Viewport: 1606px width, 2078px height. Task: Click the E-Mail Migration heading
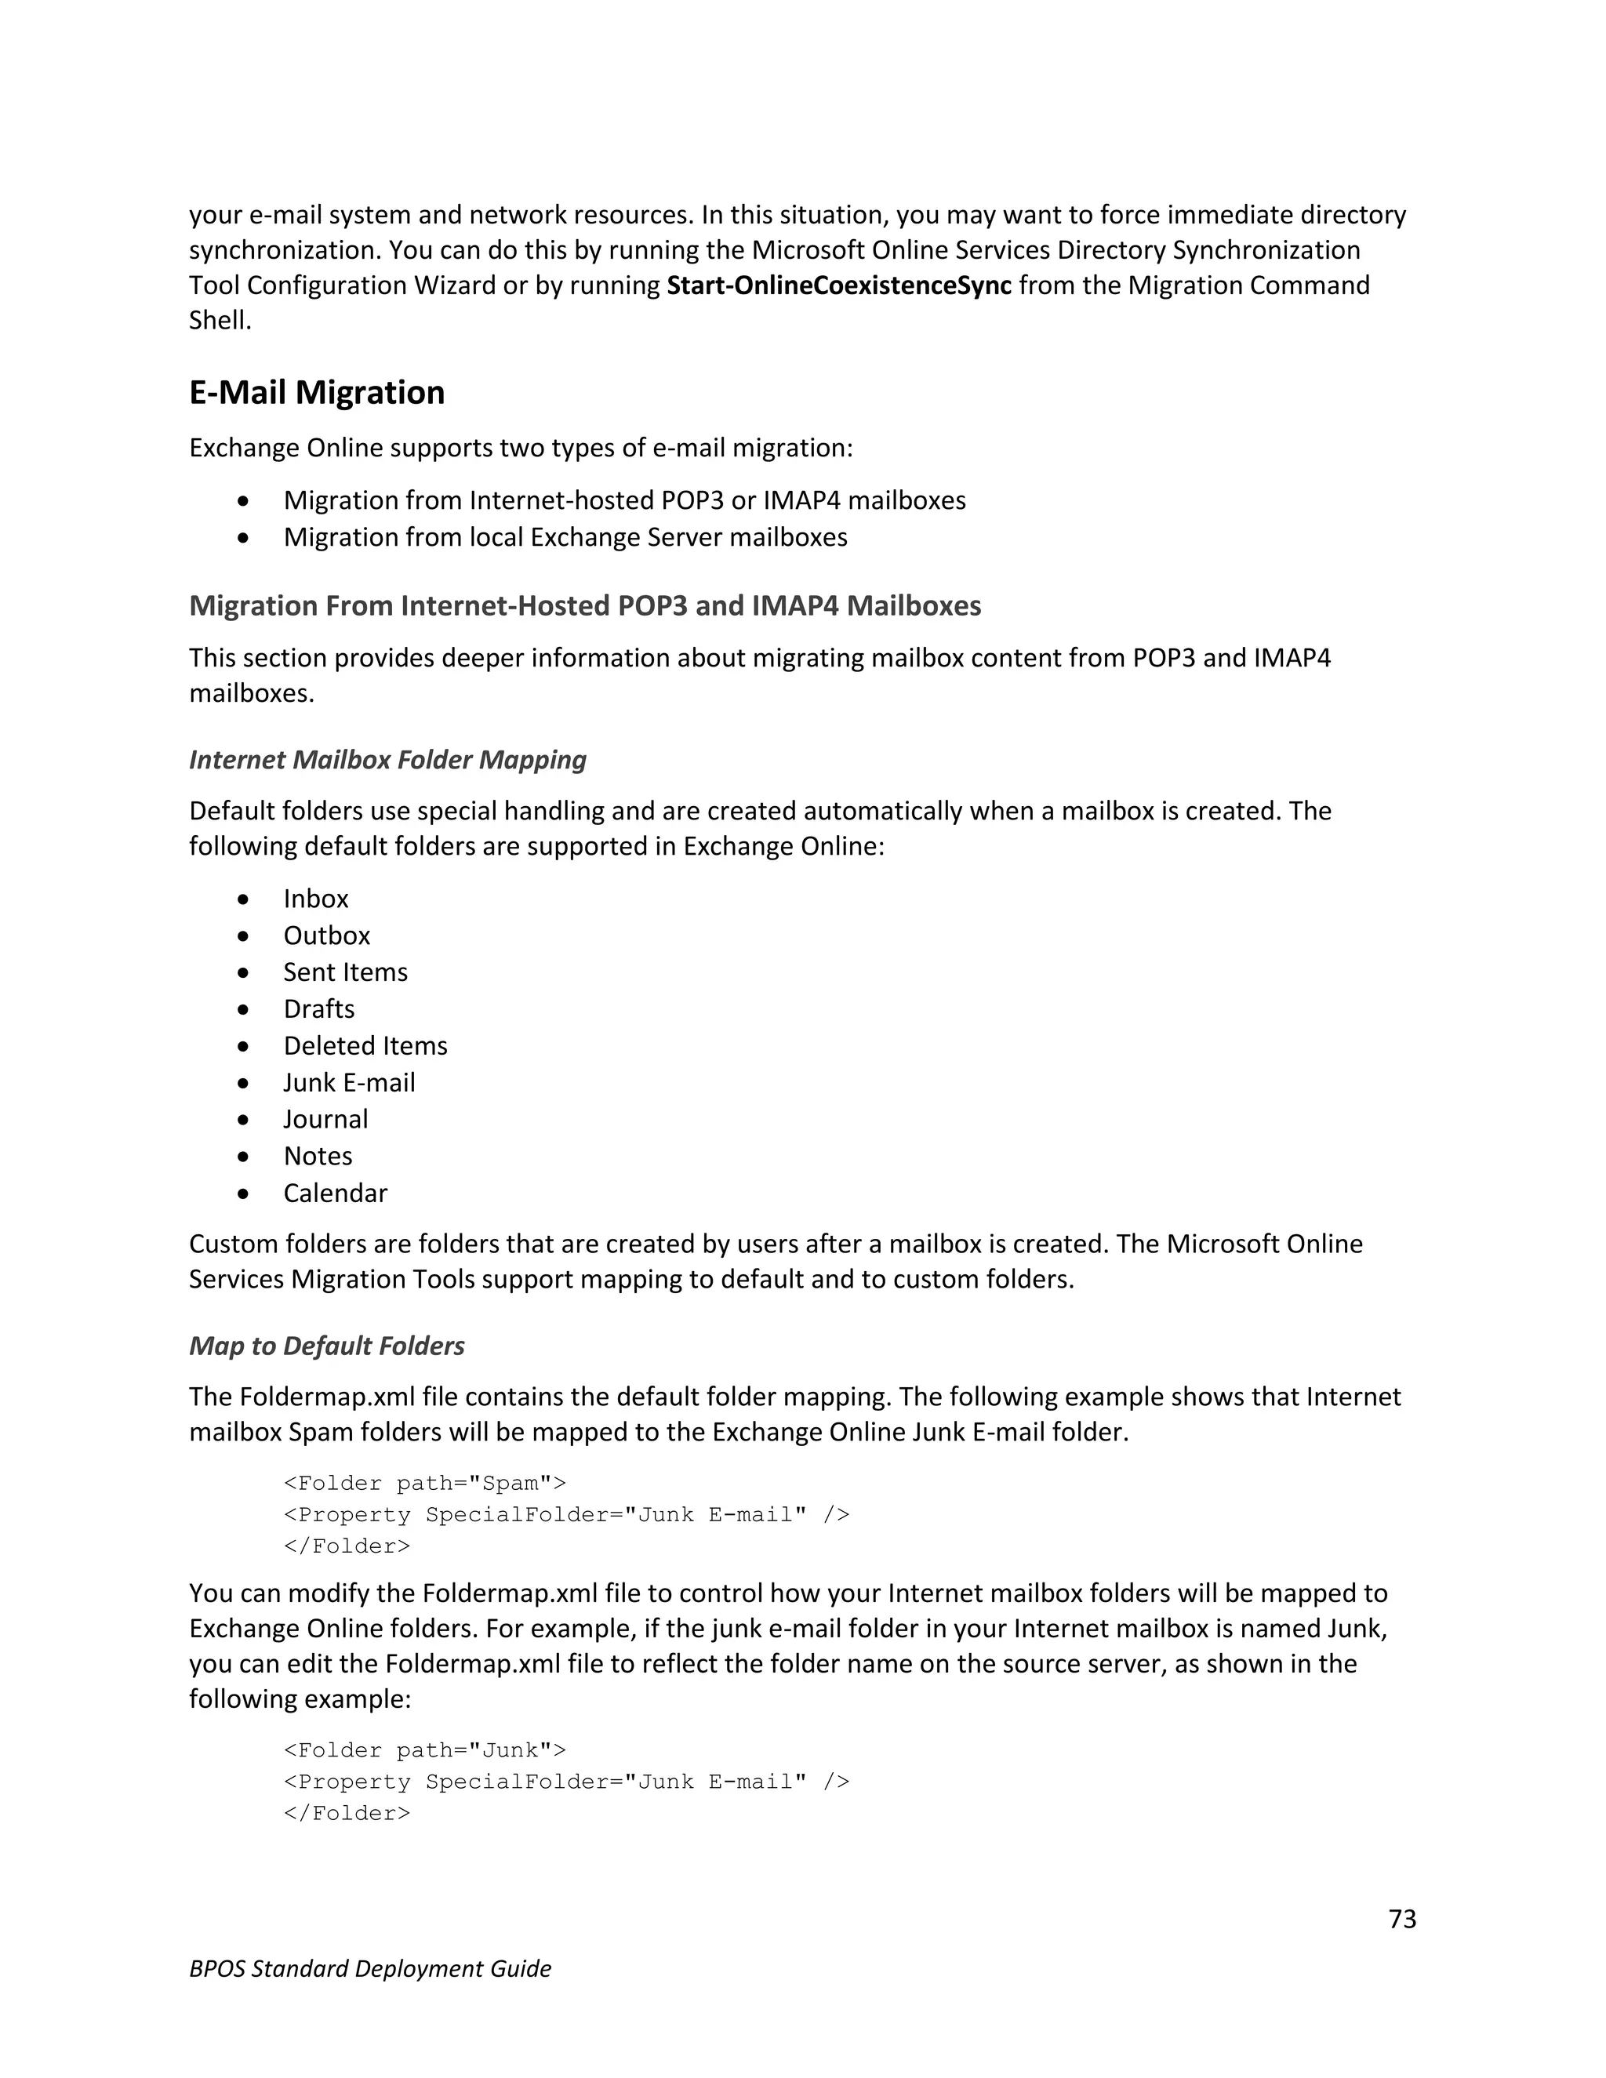[316, 393]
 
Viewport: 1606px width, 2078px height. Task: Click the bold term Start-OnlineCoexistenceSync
[838, 285]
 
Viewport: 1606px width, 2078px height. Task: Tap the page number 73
[1401, 1919]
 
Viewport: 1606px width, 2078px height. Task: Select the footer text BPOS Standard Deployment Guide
[370, 1968]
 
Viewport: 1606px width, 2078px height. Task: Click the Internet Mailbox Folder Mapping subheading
[387, 759]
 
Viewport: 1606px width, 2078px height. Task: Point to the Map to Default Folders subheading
[326, 1346]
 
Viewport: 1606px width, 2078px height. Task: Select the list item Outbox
[326, 935]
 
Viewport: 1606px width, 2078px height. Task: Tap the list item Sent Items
[345, 972]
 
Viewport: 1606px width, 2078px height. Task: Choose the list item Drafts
[318, 1008]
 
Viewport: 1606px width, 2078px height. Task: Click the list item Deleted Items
[365, 1045]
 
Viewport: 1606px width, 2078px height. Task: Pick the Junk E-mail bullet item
[349, 1083]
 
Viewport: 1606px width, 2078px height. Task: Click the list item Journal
[325, 1119]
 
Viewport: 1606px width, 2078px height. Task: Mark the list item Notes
[318, 1156]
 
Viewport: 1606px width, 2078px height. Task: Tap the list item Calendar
[335, 1193]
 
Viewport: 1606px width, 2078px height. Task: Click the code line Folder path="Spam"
[424, 1484]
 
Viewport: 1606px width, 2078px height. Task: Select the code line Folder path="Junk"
[424, 1751]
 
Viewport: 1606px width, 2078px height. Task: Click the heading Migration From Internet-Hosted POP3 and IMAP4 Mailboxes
[584, 606]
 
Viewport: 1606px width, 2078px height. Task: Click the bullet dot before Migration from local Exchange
[245, 538]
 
